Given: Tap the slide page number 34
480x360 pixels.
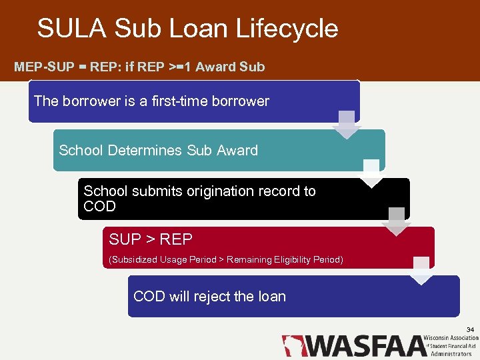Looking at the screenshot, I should (470, 330).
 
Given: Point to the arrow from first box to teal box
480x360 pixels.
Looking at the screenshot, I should (347, 125).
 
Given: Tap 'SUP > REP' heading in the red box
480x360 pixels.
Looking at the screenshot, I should (151, 239).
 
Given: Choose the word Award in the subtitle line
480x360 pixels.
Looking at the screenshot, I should (217, 67).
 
